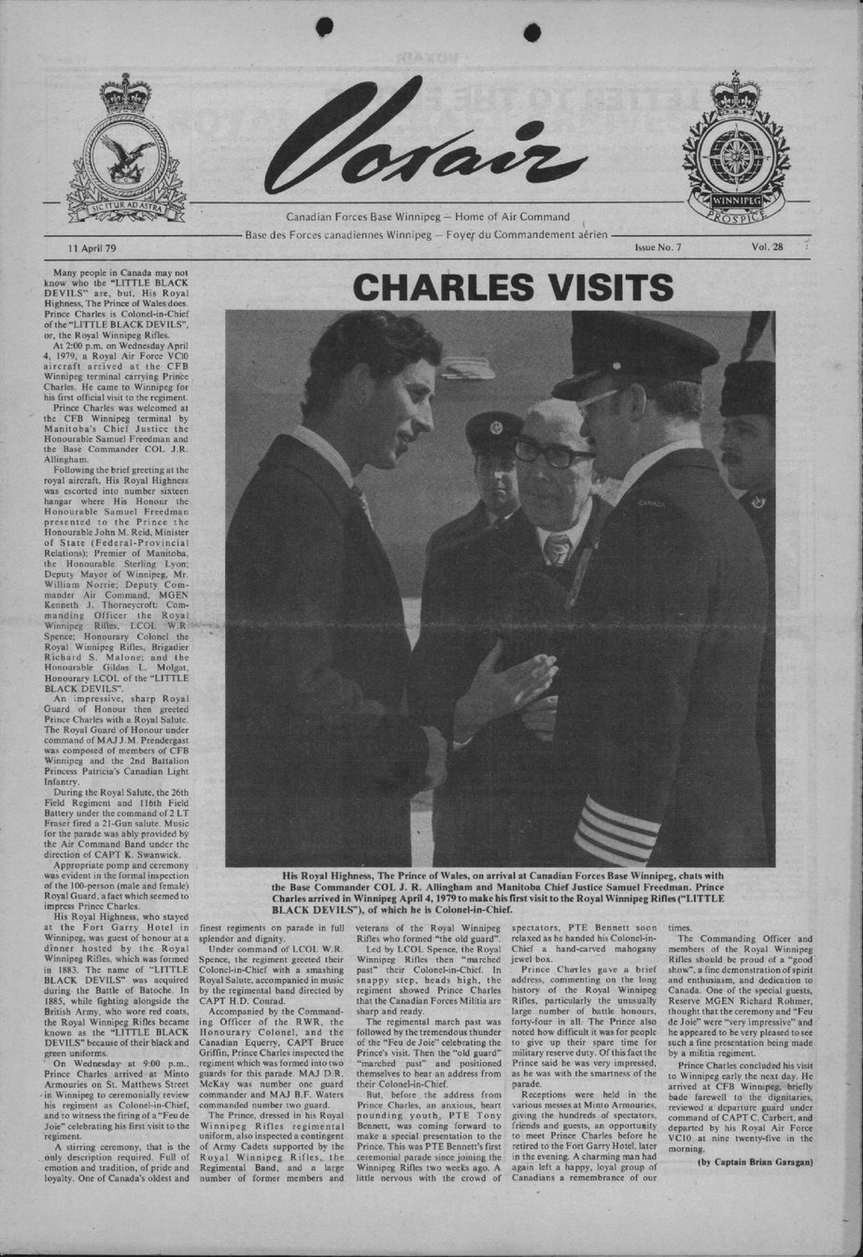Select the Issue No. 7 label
658,248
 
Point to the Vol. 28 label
766,247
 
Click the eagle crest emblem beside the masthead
126,154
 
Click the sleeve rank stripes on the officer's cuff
615,830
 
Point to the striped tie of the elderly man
558,549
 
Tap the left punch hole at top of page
325,27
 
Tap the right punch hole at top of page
532,33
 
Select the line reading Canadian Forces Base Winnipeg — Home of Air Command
427,216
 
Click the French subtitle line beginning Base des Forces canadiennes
426,233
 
